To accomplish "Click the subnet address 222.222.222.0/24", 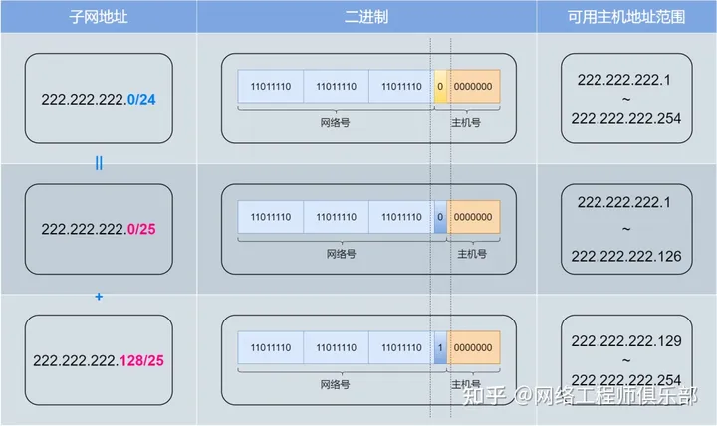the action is [x=98, y=100].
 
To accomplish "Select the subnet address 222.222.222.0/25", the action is [x=98, y=229].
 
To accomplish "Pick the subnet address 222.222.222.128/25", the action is [x=98, y=359].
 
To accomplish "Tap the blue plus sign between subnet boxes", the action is [x=99, y=296].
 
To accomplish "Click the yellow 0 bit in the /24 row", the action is [x=440, y=87].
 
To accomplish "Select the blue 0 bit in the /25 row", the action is [x=440, y=217].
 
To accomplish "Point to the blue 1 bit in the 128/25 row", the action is [x=440, y=347].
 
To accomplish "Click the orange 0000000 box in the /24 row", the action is [x=474, y=87].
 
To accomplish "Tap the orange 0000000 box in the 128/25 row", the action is [x=474, y=347].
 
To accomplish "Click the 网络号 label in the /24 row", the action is [x=336, y=122].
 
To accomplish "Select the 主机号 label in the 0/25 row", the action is [x=472, y=254].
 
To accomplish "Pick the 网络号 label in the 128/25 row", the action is [x=336, y=383].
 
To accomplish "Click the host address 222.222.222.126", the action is [x=626, y=256].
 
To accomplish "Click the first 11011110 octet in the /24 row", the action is [x=271, y=87].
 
